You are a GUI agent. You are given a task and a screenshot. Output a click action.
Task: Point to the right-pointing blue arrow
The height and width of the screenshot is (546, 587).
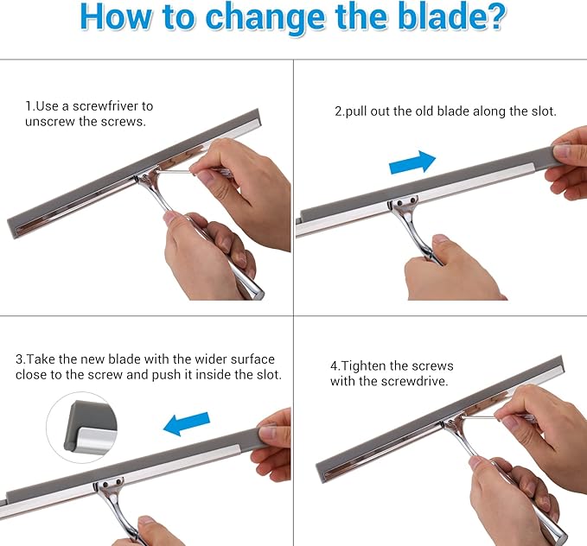pyautogui.click(x=412, y=161)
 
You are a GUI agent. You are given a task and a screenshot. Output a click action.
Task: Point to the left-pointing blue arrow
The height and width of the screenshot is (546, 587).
pyautogui.click(x=186, y=422)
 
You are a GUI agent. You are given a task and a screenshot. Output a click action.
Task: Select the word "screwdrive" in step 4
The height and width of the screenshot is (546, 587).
pyautogui.click(x=413, y=381)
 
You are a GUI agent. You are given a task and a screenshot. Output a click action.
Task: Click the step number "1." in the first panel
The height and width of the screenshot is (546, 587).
pyautogui.click(x=29, y=106)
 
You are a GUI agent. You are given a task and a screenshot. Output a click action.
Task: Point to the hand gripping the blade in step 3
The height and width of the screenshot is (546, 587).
pyautogui.click(x=275, y=442)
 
